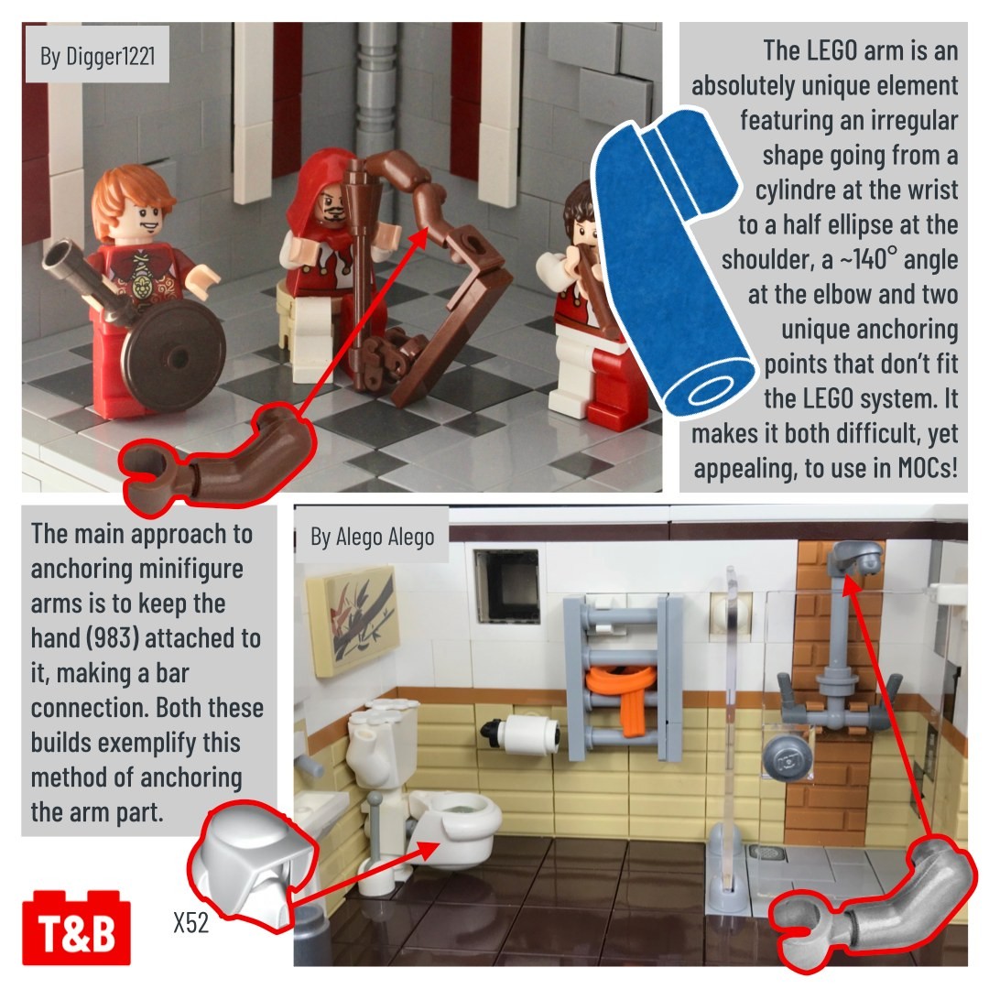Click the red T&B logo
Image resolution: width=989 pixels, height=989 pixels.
click(x=76, y=928)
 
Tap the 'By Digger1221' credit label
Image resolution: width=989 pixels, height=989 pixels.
click(x=97, y=56)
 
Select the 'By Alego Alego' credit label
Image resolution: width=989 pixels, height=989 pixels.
click(x=372, y=537)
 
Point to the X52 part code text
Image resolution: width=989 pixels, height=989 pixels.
click(x=190, y=922)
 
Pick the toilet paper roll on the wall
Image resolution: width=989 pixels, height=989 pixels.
click(x=521, y=734)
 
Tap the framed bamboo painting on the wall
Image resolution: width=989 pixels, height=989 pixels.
click(x=353, y=621)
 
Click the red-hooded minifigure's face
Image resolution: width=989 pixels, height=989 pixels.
click(x=331, y=207)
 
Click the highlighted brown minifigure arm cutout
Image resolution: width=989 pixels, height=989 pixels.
click(x=218, y=454)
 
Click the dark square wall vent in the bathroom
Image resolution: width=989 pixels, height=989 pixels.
click(x=506, y=586)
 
